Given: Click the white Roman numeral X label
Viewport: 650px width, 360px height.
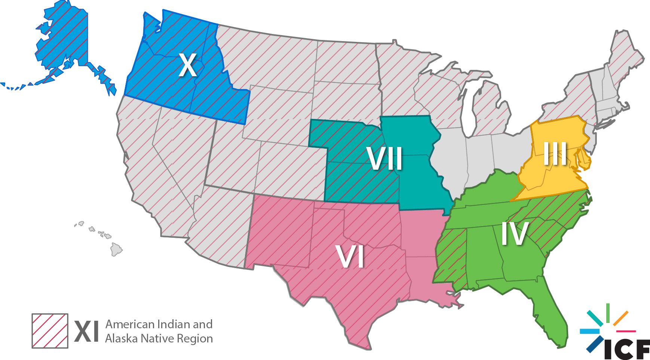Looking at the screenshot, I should coord(187,65).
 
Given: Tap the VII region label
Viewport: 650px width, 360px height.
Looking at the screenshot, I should coord(384,159).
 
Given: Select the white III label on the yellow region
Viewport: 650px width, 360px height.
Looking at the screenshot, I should coord(555,154).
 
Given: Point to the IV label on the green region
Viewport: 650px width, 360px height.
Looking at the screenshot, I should coord(515,234).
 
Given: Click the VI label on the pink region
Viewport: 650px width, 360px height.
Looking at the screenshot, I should coord(350,257).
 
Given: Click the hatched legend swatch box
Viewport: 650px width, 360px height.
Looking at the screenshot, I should coord(50,330).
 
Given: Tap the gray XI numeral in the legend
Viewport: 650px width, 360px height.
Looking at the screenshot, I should coord(86,331).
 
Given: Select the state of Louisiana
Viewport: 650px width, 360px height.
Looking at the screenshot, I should coord(426,284).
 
